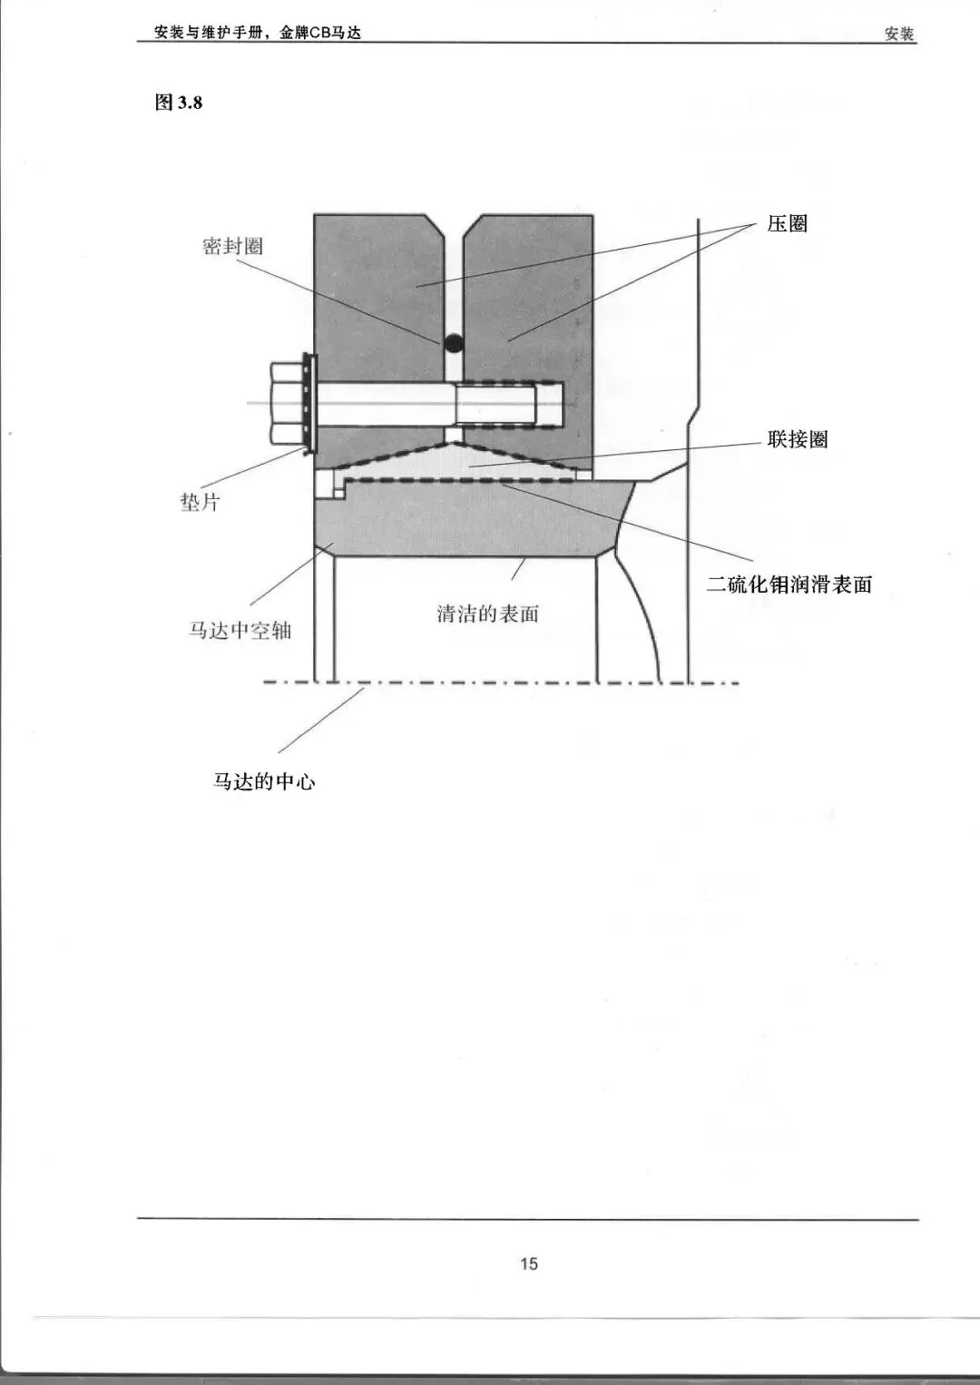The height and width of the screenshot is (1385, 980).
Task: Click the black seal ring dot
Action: [453, 343]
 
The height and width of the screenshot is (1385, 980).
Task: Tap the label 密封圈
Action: [232, 246]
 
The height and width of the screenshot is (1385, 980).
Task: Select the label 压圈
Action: [787, 224]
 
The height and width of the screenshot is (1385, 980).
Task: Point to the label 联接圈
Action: [798, 440]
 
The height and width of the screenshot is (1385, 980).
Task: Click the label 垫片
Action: [200, 502]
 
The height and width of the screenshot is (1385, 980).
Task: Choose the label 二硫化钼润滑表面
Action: [789, 584]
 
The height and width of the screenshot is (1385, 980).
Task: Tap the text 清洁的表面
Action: [487, 614]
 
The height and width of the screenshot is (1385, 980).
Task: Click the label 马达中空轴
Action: [240, 631]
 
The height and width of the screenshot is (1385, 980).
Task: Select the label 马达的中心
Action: [264, 781]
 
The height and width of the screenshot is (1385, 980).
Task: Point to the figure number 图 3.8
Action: [179, 103]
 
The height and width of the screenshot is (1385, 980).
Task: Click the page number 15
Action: [528, 1263]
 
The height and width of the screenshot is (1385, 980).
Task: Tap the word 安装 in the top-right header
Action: [899, 34]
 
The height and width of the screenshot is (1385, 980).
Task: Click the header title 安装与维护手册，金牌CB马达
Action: [258, 33]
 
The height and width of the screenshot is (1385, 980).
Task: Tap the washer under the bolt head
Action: [308, 403]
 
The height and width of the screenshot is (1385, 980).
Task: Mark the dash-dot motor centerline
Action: [499, 683]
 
